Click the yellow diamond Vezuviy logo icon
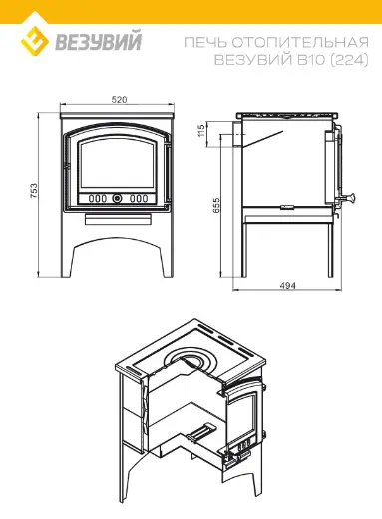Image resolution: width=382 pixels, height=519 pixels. (35, 41)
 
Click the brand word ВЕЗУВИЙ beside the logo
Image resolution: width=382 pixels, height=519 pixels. (99, 41)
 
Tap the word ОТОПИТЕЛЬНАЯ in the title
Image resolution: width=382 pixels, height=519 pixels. (300, 42)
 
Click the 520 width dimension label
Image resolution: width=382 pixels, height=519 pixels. (119, 99)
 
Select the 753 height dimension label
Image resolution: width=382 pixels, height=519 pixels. (34, 191)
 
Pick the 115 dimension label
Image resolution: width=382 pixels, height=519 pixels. (200, 131)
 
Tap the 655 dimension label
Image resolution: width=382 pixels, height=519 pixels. (216, 205)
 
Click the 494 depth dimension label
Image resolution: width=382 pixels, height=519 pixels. (288, 285)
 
